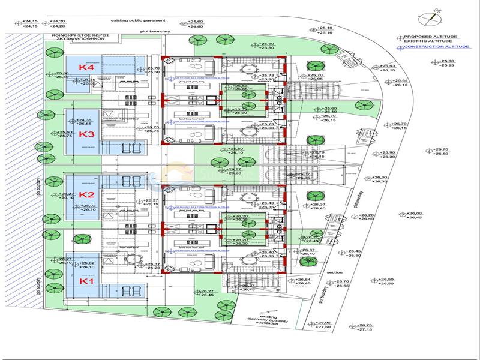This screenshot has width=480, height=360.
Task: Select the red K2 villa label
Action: coord(87,195)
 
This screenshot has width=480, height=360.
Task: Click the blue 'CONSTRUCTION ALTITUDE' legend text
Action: coord(428,46)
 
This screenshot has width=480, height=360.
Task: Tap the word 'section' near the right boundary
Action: coord(335,272)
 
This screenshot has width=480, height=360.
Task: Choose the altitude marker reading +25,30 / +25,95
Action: coord(446,62)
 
